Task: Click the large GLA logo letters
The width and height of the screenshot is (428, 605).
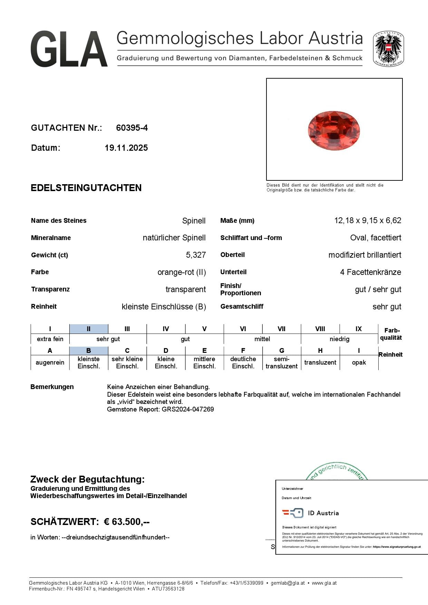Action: (x=69, y=49)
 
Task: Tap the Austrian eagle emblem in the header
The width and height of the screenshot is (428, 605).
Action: (x=388, y=49)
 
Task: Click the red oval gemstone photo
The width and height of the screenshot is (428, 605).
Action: (x=334, y=130)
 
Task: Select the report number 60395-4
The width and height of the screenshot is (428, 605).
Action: (x=132, y=128)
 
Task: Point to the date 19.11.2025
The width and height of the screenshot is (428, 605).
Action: (x=126, y=148)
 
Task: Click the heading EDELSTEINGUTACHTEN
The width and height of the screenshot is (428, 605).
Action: (x=86, y=188)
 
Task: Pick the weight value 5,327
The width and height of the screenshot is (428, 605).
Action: (x=196, y=255)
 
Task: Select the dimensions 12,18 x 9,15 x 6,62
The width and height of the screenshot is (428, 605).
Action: (x=368, y=220)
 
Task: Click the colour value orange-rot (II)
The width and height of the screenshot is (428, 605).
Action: (x=182, y=272)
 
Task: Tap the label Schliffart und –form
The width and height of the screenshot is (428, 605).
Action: (x=251, y=238)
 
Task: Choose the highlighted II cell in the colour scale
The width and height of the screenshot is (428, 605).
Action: (x=89, y=329)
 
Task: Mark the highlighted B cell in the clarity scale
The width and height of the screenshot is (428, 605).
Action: (x=89, y=350)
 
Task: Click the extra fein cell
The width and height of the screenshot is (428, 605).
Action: (x=50, y=339)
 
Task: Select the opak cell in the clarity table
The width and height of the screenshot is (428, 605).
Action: (x=359, y=363)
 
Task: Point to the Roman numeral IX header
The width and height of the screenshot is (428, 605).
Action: (x=359, y=329)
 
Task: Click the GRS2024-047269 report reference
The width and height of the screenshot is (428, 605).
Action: (x=188, y=409)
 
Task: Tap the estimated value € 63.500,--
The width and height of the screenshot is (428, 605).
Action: (x=127, y=522)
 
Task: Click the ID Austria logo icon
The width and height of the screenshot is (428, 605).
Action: (x=293, y=513)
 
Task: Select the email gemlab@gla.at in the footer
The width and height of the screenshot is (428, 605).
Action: (x=288, y=583)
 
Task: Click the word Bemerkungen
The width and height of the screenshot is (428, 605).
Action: (x=52, y=387)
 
